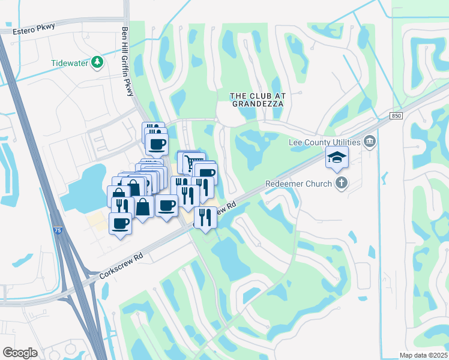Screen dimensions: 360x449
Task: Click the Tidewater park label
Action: click(69, 62)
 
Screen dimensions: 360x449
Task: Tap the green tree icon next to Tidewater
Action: click(97, 62)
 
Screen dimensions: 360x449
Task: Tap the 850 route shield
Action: click(394, 115)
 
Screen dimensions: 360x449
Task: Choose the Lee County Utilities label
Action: click(324, 142)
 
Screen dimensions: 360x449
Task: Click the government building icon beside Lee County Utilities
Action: click(370, 142)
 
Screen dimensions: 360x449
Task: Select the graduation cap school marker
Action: click(337, 158)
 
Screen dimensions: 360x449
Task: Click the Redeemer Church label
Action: click(299, 184)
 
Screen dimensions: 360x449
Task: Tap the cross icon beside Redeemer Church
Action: click(341, 183)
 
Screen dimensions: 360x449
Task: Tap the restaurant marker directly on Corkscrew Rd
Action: click(206, 218)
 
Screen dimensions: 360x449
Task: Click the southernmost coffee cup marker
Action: click(120, 224)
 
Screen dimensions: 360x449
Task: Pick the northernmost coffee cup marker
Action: click(157, 145)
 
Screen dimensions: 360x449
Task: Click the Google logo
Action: click(20, 352)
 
